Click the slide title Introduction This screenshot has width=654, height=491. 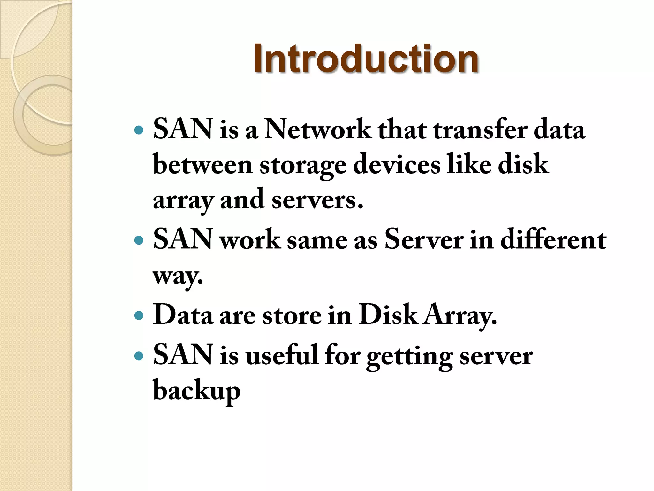pos(366,59)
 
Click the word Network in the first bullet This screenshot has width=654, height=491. pos(318,130)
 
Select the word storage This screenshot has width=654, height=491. pos(303,166)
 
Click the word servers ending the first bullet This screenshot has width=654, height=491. pos(317,200)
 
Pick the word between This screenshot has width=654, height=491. pos(203,165)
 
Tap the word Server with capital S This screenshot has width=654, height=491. pos(424,239)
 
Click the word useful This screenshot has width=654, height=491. pos(282,355)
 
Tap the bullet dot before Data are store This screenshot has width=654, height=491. pos(139,316)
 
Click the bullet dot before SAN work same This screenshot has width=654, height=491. pos(139,240)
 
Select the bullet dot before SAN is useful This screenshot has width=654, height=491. pos(139,355)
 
